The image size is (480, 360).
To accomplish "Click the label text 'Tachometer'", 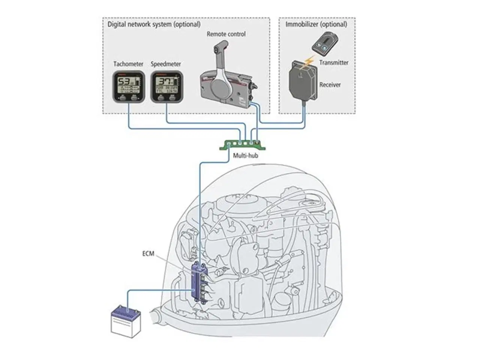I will point(128,64).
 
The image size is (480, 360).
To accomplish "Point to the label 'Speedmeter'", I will point(166,64).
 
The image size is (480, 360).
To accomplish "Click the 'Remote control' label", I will point(226,34).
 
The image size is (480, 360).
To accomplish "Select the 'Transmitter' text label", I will point(334,63).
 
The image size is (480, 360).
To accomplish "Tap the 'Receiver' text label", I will point(330,85).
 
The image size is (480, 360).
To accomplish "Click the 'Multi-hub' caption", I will point(245,155).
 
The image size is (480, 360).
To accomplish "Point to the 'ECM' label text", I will point(148,254).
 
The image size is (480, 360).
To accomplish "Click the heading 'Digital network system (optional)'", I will point(154,24).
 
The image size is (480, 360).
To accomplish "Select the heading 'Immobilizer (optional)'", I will point(316,24).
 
